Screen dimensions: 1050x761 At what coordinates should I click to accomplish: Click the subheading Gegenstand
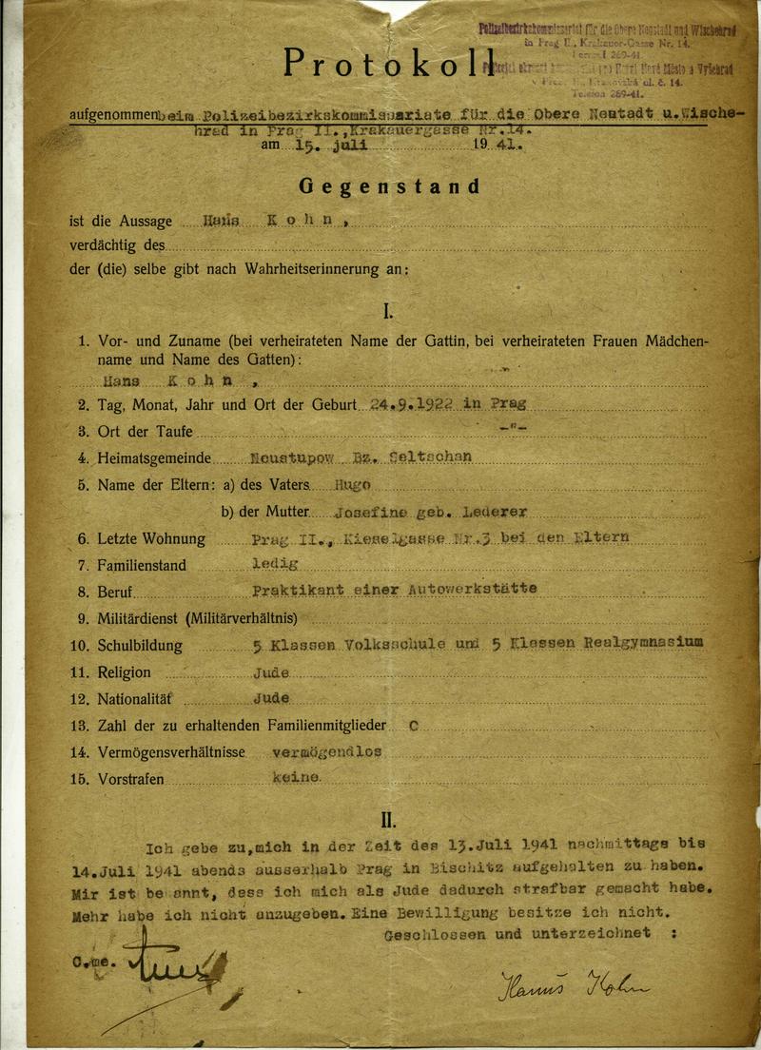click(389, 186)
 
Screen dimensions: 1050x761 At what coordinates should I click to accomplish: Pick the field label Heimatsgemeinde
click(153, 457)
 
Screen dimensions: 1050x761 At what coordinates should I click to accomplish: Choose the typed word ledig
click(274, 563)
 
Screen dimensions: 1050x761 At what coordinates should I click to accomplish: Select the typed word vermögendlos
click(326, 750)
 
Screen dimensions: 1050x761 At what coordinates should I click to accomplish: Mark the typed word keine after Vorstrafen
click(296, 777)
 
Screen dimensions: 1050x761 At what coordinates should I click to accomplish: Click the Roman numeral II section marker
click(388, 818)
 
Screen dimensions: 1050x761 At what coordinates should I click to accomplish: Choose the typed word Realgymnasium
click(647, 643)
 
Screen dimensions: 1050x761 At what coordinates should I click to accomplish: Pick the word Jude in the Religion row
click(270, 671)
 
